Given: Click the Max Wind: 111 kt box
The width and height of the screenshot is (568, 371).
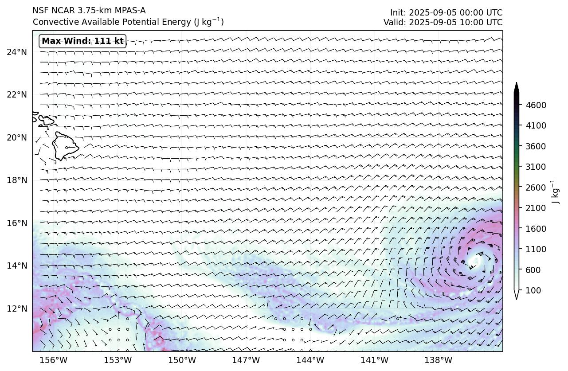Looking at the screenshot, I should [x=82, y=41].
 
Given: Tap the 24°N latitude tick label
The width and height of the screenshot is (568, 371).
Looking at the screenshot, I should [x=17, y=52].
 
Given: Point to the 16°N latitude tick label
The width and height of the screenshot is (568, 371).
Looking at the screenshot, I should [x=17, y=223].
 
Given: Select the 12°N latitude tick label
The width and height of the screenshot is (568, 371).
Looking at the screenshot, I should [x=17, y=309].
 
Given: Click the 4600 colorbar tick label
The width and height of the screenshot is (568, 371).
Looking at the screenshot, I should [x=536, y=105].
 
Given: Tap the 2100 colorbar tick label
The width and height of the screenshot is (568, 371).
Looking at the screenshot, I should [x=536, y=208].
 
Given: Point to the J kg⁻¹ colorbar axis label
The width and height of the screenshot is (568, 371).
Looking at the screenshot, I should [x=554, y=191].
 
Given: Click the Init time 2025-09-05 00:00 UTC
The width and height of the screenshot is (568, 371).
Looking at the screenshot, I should [x=446, y=12].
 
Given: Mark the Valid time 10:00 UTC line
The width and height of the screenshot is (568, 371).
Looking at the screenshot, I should [x=443, y=22].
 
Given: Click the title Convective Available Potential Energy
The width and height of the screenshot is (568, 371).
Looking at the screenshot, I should [x=128, y=22].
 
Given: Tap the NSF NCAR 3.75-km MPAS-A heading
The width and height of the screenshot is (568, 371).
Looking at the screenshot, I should [x=89, y=11].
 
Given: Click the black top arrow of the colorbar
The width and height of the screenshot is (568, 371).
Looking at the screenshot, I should [x=517, y=87].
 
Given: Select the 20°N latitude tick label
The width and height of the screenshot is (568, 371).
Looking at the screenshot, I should [x=17, y=137].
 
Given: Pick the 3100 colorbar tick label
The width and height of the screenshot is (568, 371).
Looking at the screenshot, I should [x=536, y=167].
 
